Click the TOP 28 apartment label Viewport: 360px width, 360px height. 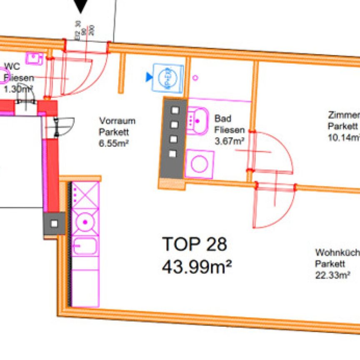[195, 244]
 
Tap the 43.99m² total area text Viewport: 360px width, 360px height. [197, 265]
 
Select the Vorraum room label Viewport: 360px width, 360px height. [117, 121]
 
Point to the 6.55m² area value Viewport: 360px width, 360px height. [113, 142]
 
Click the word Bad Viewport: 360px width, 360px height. [222, 119]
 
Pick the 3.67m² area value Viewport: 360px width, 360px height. [229, 141]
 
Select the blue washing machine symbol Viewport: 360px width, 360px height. [169, 77]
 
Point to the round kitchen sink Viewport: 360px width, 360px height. [85, 222]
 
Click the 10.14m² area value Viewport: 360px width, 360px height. [344, 137]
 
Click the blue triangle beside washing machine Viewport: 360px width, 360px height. [149, 77]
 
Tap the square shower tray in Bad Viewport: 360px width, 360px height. [200, 163]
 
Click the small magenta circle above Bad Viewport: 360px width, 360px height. [196, 77]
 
